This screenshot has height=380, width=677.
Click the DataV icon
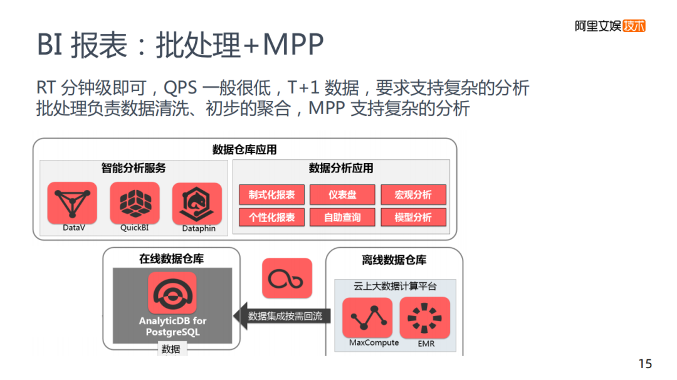tap(72, 203)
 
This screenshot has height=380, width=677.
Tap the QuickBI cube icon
tap(135, 203)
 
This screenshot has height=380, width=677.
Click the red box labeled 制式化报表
tap(271, 194)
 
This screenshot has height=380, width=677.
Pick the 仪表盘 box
tap(342, 194)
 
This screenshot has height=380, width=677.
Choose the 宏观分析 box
tap(413, 194)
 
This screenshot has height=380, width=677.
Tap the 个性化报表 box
tap(271, 218)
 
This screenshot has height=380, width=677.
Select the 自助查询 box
tap(342, 218)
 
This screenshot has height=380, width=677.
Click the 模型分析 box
tap(413, 218)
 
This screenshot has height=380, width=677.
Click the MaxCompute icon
tap(367, 317)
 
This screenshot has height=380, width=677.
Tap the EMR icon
tap(425, 317)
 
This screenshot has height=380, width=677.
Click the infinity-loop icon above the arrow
tap(286, 278)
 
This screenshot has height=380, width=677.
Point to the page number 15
tap(645, 364)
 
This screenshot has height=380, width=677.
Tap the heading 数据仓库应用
tap(244, 150)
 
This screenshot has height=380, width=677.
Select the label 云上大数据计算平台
tap(395, 287)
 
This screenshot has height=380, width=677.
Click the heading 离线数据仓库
tap(394, 260)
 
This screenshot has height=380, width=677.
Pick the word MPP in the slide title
tap(293, 45)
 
